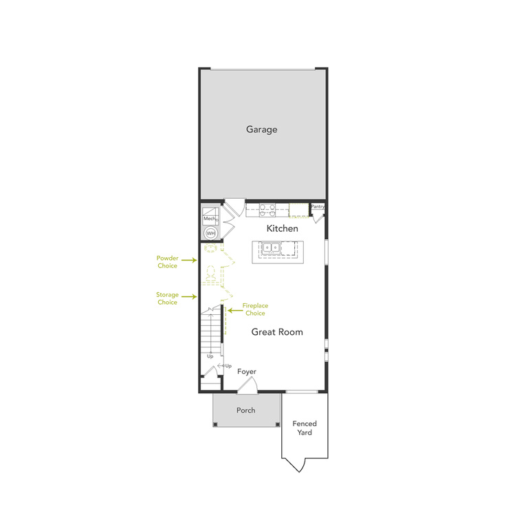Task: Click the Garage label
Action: (261, 129)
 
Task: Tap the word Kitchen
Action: (282, 228)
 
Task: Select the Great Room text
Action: (277, 332)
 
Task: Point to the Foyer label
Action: (247, 372)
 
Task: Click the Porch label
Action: (245, 410)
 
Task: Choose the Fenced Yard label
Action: (305, 428)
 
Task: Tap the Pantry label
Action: (318, 206)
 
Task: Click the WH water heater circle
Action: (210, 234)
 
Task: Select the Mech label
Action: (209, 219)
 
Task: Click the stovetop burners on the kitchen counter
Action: (267, 210)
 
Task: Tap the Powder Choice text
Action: (167, 262)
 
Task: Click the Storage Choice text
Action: (167, 298)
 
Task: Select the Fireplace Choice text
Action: (256, 309)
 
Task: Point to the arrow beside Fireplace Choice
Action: (234, 310)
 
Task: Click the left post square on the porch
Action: (216, 423)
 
